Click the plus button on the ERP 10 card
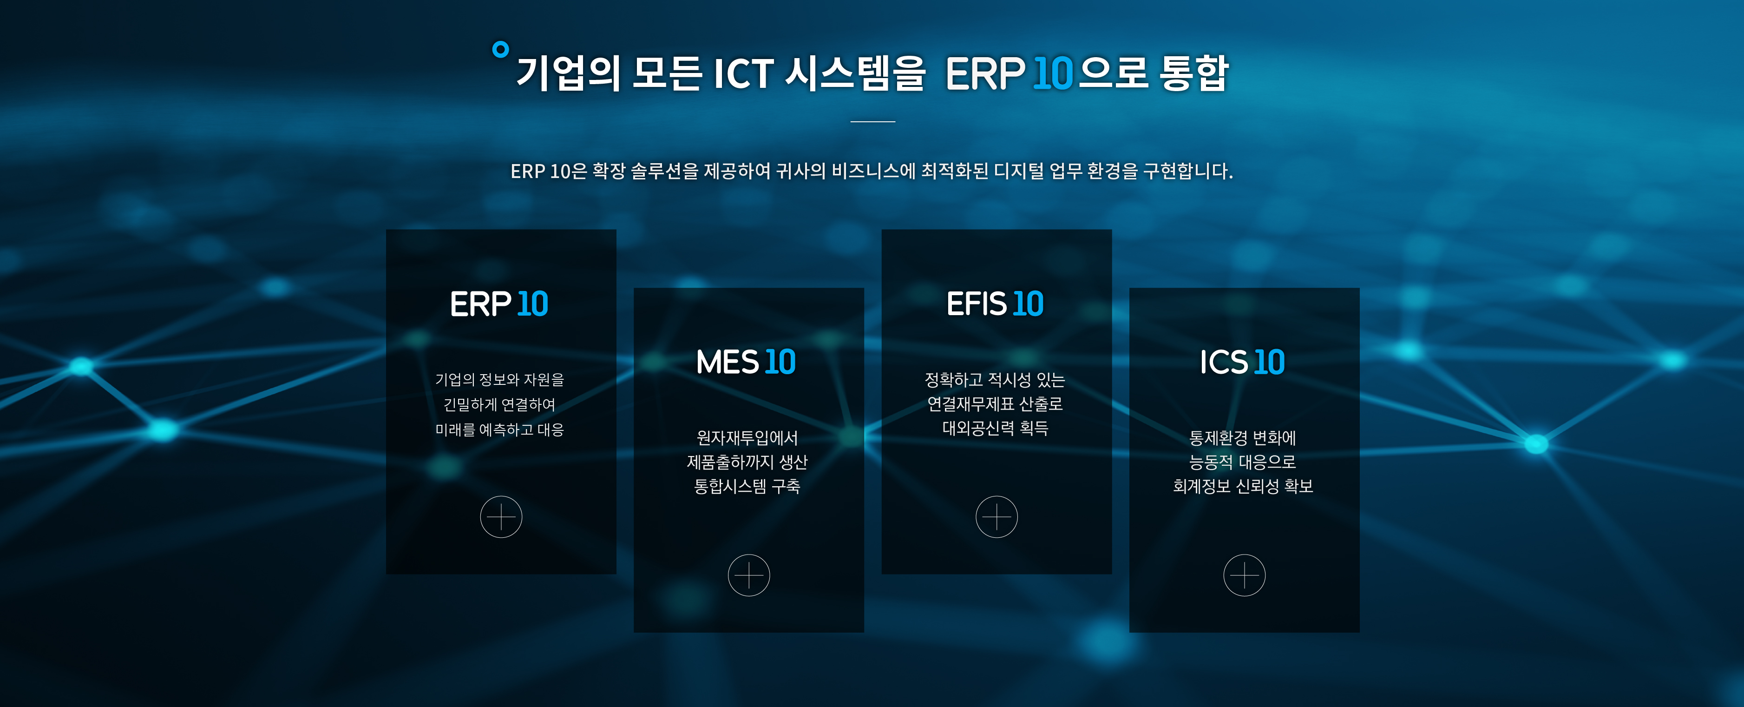click(501, 517)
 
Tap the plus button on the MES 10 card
click(749, 575)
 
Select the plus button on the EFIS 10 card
click(997, 517)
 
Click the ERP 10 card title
click(499, 304)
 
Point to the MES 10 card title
click(746, 362)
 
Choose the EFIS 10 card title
click(995, 304)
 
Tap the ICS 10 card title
click(1242, 362)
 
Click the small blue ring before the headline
click(500, 49)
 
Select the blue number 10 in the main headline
click(1053, 73)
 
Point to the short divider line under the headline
click(872, 121)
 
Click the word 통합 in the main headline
click(1193, 73)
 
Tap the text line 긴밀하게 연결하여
click(499, 404)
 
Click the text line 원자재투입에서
click(747, 438)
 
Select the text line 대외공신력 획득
click(995, 428)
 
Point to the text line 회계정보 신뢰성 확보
click(1243, 486)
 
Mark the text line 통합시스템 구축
click(747, 486)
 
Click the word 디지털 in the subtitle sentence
click(1018, 171)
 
